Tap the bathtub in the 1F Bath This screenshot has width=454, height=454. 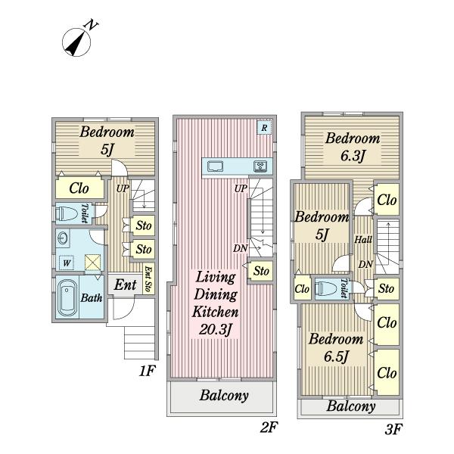[67, 298]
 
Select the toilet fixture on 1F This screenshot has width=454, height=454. [67, 214]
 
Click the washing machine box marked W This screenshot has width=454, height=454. [67, 263]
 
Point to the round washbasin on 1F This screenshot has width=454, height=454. [63, 238]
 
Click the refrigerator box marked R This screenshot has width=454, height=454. [264, 127]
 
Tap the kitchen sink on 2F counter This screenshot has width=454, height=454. [215, 166]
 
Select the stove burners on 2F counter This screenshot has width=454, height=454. [260, 166]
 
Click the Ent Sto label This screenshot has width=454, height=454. [148, 278]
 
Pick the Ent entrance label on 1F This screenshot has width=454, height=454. [125, 285]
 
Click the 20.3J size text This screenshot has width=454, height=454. [216, 329]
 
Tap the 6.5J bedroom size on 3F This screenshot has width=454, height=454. [335, 356]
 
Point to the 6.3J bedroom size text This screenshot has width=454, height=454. [352, 156]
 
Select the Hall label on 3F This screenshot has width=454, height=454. [363, 239]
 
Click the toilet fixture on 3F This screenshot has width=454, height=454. [326, 288]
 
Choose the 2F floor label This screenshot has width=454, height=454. [269, 427]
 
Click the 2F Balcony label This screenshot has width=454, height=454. [224, 396]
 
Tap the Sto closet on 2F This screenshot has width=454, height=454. [261, 271]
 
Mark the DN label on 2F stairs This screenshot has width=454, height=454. [241, 248]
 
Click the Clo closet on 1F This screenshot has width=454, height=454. [79, 188]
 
